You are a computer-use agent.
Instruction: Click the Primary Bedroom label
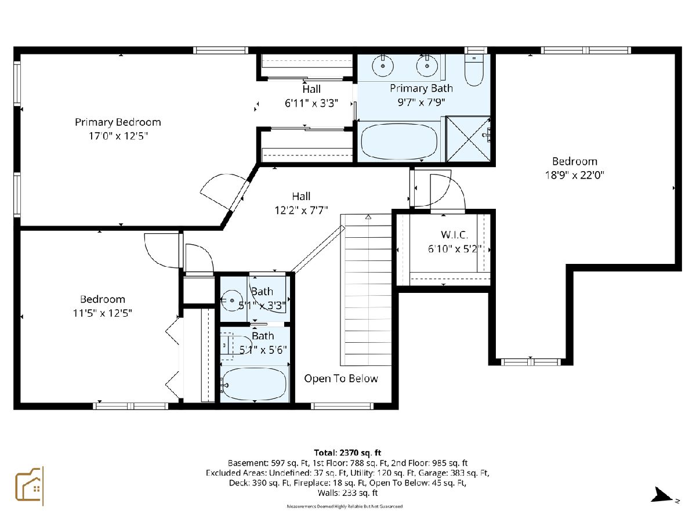tap(118, 122)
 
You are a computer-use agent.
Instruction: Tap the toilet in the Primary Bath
tap(474, 70)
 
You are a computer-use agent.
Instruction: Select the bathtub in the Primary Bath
tap(399, 141)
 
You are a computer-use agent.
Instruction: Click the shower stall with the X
tap(468, 139)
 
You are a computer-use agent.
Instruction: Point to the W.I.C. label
tap(454, 235)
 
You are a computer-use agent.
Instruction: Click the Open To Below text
tap(341, 378)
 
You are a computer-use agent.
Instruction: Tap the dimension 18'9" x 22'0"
tap(575, 175)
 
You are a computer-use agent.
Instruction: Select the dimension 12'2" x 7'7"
tap(301, 210)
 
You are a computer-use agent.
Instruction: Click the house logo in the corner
tap(30, 486)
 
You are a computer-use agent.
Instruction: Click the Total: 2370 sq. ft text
tap(347, 452)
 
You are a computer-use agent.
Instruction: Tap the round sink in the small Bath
tap(230, 300)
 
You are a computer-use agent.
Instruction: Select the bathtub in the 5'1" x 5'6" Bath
tap(254, 384)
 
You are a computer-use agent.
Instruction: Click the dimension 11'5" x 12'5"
tap(103, 313)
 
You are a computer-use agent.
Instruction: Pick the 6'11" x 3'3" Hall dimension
tap(311, 103)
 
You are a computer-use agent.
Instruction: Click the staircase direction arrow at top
tap(368, 217)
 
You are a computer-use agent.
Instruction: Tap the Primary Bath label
tap(422, 88)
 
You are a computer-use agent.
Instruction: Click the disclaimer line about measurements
tap(345, 506)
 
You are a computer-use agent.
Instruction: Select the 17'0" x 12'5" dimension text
tap(118, 136)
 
